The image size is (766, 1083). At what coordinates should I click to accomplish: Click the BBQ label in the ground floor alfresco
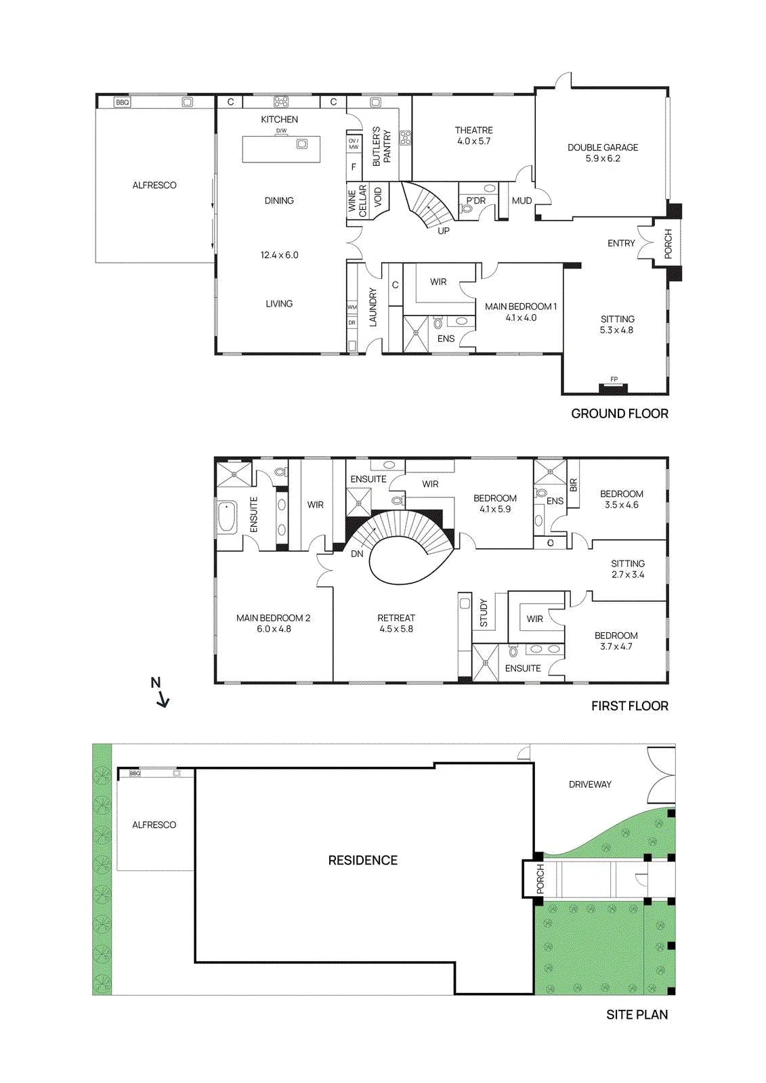tap(123, 102)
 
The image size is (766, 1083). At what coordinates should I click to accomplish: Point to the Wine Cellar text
tap(357, 200)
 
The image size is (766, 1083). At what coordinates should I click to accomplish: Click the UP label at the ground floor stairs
tap(443, 231)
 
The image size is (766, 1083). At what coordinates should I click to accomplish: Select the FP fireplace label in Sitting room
tap(614, 380)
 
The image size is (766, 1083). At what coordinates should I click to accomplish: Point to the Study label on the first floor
tap(484, 613)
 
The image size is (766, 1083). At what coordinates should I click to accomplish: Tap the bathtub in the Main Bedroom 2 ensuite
tap(227, 517)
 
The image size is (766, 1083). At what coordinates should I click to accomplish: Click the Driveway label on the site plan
tap(590, 784)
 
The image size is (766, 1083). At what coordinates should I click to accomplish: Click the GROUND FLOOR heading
tap(620, 414)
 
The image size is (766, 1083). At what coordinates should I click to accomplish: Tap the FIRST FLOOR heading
tap(630, 706)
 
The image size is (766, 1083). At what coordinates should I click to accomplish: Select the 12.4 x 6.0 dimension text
tap(279, 255)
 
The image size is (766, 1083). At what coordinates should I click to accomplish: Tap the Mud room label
tap(522, 200)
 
